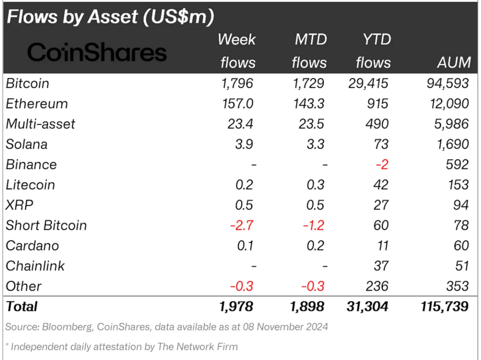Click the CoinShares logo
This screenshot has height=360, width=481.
[x=97, y=52]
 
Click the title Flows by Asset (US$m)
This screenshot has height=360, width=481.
[x=110, y=16]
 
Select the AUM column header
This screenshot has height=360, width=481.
[x=453, y=62]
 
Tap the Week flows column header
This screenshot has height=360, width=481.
[x=237, y=51]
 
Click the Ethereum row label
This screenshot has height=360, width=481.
[x=37, y=104]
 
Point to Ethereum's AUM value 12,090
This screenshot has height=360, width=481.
[x=447, y=104]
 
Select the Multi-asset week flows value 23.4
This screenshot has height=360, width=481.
[x=240, y=124]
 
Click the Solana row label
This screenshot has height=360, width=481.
[x=27, y=144]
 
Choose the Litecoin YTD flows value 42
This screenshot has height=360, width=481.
[x=381, y=184]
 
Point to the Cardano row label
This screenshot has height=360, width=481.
[x=32, y=245]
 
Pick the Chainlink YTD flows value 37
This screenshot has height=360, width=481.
[x=381, y=266]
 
